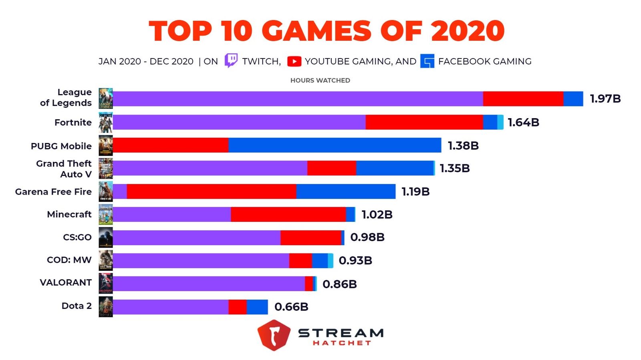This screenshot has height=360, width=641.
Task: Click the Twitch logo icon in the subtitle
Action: pyautogui.click(x=231, y=60)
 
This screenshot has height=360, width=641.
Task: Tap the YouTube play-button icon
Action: pyautogui.click(x=294, y=61)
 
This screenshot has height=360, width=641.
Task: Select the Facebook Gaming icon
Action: pyautogui.click(x=427, y=61)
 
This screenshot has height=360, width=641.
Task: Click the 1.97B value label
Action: pyautogui.click(x=605, y=99)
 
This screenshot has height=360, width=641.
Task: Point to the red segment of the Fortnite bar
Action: pyautogui.click(x=424, y=122)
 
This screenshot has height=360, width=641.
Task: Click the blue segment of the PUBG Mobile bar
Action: pyautogui.click(x=335, y=145)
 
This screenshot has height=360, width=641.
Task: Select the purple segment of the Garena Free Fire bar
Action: pyautogui.click(x=120, y=191)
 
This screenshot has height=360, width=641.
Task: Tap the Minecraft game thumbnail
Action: pyautogui.click(x=106, y=214)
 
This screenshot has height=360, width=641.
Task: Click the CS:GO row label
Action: pyautogui.click(x=77, y=237)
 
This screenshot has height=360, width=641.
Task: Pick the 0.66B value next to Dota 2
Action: pyautogui.click(x=291, y=307)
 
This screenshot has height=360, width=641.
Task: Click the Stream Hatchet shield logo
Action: pyautogui.click(x=274, y=335)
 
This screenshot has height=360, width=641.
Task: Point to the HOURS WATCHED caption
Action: pyautogui.click(x=320, y=80)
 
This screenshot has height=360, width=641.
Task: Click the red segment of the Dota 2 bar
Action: pyautogui.click(x=238, y=307)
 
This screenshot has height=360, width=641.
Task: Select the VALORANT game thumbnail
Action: pyautogui.click(x=106, y=283)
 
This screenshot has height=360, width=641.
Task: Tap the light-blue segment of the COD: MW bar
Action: pyautogui.click(x=331, y=261)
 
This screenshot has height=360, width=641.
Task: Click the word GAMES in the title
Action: pyautogui.click(x=317, y=31)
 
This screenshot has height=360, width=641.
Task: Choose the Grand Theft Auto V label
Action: pyautogui.click(x=64, y=169)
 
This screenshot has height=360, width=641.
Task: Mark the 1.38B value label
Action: pyautogui.click(x=463, y=145)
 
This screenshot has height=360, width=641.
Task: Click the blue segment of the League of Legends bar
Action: pyautogui.click(x=573, y=99)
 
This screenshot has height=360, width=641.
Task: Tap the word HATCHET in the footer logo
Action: pyautogui.click(x=342, y=343)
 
